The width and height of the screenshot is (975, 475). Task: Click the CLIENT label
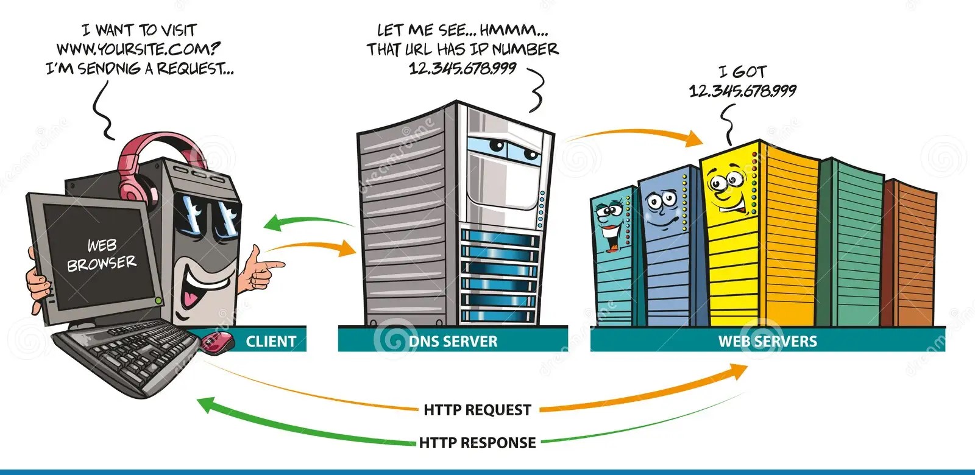click(271, 342)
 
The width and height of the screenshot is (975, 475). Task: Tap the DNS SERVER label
click(453, 342)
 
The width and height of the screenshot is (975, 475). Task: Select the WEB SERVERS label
click(767, 342)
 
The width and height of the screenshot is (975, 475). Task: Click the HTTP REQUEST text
click(478, 410)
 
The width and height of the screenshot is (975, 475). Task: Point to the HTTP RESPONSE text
click(478, 443)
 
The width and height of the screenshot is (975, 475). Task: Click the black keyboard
click(126, 357)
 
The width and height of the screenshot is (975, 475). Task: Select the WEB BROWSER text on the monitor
click(102, 255)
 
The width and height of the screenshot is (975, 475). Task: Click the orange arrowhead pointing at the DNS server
click(347, 248)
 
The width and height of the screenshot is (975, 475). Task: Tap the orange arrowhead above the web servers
click(693, 138)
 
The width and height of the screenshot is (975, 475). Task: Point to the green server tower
click(851, 244)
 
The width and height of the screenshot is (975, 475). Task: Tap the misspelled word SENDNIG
click(109, 69)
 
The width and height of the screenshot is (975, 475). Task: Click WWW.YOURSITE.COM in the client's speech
click(138, 49)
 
